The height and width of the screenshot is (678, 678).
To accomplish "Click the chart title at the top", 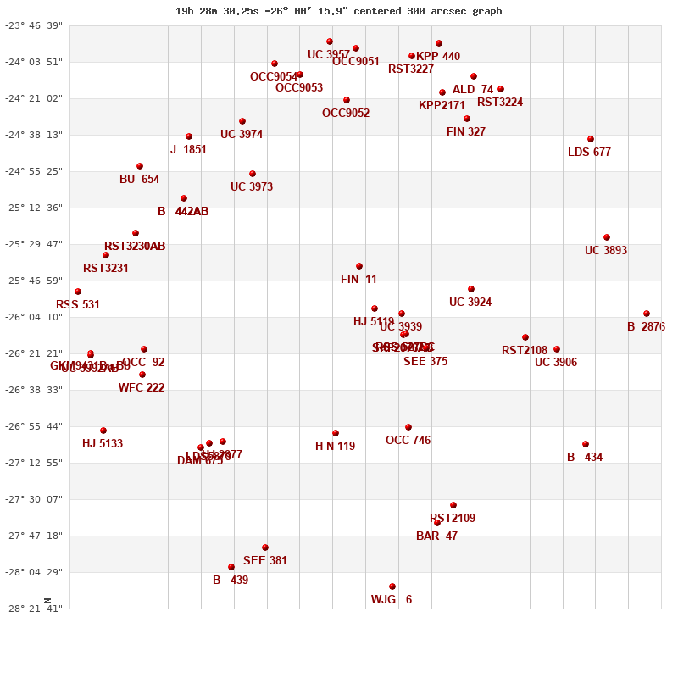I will click(338, 11).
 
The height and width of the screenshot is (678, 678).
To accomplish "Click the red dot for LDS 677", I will click(591, 139).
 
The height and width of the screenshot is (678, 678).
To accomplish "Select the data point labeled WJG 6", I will click(392, 586).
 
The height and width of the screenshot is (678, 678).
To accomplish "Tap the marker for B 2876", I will click(647, 314).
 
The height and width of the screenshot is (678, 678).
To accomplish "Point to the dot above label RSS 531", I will click(78, 292).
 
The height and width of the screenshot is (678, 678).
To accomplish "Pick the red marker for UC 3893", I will click(607, 237).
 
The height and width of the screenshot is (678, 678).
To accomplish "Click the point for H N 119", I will click(336, 433).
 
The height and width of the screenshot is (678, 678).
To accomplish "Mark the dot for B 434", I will click(586, 444).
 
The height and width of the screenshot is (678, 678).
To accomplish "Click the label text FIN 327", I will click(466, 132).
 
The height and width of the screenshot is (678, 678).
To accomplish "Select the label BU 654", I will click(139, 180).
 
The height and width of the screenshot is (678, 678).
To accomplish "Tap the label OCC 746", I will click(408, 441).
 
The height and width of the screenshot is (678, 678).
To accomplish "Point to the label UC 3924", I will click(470, 303).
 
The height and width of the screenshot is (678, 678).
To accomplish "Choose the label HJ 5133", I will click(103, 444).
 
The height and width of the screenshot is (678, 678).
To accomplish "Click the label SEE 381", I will click(265, 561).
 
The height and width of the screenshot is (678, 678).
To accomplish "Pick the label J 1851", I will click(188, 150).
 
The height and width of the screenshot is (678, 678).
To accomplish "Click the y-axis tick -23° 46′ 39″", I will click(34, 26).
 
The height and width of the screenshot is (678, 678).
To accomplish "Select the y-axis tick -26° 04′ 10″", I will click(34, 318).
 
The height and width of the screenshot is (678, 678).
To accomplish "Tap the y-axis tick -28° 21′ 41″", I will click(34, 609).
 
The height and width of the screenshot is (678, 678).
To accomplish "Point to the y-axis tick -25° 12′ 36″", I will click(34, 208).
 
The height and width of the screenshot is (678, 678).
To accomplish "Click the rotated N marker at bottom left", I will click(47, 601).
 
